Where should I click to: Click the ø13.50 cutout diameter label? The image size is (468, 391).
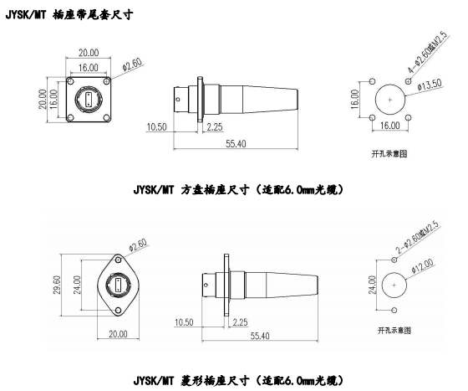(x=430, y=85)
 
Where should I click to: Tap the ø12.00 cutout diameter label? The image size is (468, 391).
(x=422, y=265)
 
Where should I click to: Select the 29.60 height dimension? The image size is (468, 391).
(x=57, y=285)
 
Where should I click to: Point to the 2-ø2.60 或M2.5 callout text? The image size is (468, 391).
(x=417, y=238)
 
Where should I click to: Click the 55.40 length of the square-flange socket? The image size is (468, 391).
(x=236, y=144)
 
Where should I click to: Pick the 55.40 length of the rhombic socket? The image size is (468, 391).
(x=260, y=336)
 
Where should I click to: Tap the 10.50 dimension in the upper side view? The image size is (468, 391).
(x=157, y=126)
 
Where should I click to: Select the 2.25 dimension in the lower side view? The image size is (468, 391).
(x=241, y=322)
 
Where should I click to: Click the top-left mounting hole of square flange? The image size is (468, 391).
(x=70, y=81)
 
